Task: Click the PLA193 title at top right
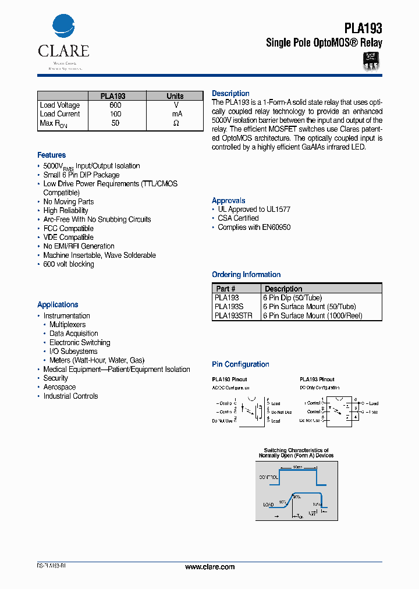coord(363,28)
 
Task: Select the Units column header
coord(175,96)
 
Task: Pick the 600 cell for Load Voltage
coord(115,105)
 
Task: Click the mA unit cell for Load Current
coord(176,114)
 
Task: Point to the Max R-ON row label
coord(54,123)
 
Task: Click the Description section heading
coord(230,94)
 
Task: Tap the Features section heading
coord(52,155)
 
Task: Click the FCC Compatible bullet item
coord(68,229)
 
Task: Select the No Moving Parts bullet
coord(68,202)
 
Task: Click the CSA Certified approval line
coord(238,218)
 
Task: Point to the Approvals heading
coord(229,201)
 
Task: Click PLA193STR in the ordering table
coord(233,315)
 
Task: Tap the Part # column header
coord(226,289)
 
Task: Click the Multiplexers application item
coord(68,325)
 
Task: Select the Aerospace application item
coord(59,387)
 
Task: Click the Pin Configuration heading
coord(240,364)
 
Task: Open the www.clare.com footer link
coord(210,567)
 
